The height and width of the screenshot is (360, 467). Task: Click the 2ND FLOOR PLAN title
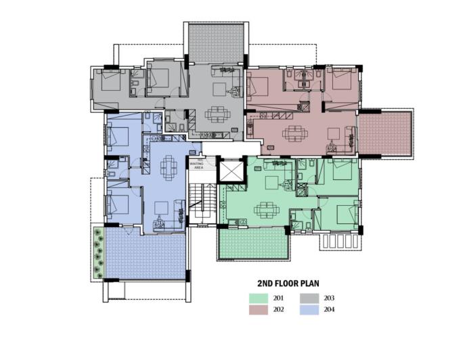288,283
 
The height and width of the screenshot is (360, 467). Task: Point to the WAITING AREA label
197,164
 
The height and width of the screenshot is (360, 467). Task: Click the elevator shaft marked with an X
231,171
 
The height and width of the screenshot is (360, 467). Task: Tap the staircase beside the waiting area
201,202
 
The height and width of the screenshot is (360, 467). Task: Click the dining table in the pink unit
293,133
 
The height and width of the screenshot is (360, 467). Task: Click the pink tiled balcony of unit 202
384,131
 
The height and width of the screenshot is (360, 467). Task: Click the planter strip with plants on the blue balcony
99,252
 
